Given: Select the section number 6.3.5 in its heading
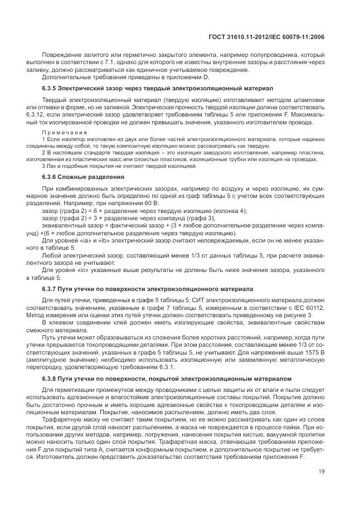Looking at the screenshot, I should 51,88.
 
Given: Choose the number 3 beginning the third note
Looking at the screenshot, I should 43,166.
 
